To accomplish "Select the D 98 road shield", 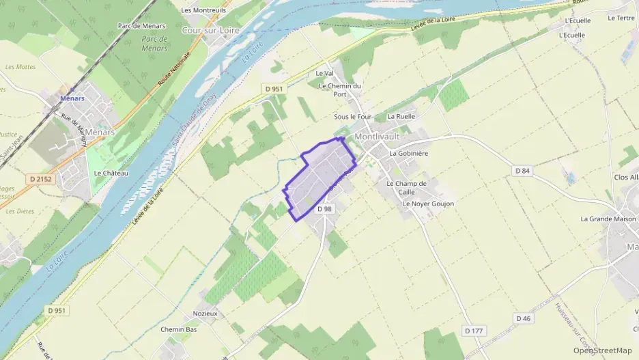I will [x=325, y=209].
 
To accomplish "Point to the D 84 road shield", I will [x=522, y=170].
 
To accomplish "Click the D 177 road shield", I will [x=474, y=331].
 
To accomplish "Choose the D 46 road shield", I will [x=524, y=318].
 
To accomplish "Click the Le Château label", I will [x=111, y=173].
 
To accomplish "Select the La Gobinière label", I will [x=408, y=154].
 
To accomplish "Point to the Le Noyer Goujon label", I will [x=428, y=204].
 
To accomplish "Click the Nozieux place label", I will [x=205, y=314].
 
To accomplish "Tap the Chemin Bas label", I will [x=178, y=329].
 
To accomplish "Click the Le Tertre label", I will [x=621, y=18].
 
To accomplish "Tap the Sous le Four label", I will [x=352, y=117].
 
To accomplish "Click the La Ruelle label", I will [x=401, y=117].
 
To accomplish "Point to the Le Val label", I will [x=324, y=73].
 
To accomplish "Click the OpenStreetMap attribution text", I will [x=602, y=350].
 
